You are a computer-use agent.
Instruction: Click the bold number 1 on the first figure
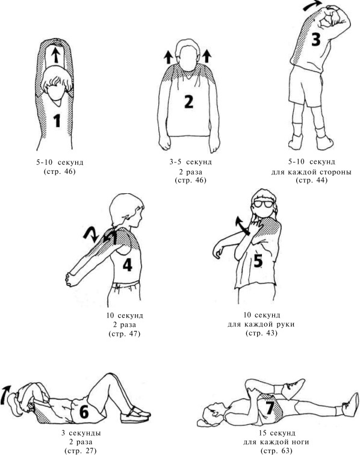(57, 121)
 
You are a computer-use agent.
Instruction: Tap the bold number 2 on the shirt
(188, 102)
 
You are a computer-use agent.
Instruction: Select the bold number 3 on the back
(316, 40)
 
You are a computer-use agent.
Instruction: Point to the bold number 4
(128, 264)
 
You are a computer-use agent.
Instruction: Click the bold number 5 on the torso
(258, 260)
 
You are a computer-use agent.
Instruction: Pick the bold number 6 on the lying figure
(84, 412)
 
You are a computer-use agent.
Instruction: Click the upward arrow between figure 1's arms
(57, 55)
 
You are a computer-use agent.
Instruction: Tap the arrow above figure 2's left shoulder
(168, 57)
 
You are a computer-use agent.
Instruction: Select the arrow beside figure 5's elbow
(243, 225)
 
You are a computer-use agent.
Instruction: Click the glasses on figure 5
(262, 204)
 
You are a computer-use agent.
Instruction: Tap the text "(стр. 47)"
(124, 333)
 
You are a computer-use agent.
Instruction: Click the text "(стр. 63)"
(277, 451)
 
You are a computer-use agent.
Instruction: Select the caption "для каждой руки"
(261, 324)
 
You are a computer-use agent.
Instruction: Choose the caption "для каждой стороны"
(311, 172)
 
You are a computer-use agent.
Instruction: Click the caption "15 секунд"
(277, 433)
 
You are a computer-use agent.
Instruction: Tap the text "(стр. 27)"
(80, 451)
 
